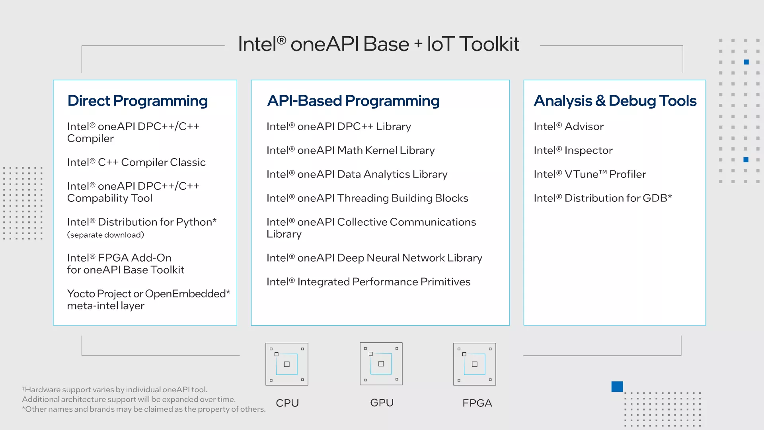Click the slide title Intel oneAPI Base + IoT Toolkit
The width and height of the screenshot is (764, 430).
[378, 44]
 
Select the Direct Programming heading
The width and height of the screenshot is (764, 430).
[137, 101]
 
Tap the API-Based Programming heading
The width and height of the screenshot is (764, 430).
[353, 101]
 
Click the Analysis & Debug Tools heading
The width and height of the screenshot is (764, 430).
[615, 101]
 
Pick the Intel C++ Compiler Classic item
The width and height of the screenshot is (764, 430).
[136, 162]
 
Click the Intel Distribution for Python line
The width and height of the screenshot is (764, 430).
[142, 222]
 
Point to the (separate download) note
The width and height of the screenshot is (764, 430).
[105, 235]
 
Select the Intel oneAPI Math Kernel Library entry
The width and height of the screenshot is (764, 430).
[350, 150]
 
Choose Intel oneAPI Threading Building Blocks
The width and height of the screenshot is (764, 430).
[367, 198]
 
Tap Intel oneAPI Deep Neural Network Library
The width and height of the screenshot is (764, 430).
[374, 258]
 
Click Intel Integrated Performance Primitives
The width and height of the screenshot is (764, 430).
[368, 282]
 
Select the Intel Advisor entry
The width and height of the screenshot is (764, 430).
[568, 127]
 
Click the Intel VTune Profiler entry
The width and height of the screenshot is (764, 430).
[590, 174]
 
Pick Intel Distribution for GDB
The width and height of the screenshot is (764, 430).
[602, 198]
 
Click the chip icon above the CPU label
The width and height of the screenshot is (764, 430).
[287, 364]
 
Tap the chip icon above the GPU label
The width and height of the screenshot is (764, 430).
[381, 364]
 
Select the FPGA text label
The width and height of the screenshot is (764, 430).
[477, 403]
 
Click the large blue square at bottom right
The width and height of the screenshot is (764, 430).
[617, 386]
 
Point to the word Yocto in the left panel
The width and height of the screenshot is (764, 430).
[81, 294]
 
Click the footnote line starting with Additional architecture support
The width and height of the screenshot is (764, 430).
[129, 399]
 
